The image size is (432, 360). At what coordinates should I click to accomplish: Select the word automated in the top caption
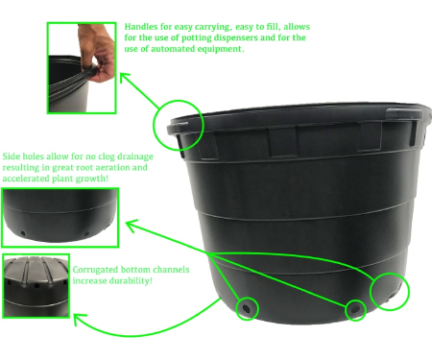point(169,49)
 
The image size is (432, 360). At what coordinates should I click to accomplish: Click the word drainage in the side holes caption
point(134,156)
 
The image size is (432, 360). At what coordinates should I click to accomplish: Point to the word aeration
point(117,167)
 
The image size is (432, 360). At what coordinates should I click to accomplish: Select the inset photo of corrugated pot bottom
point(36,286)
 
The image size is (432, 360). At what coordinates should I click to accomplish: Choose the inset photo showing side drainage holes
point(60,218)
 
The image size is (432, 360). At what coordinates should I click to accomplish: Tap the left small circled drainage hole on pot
point(247,309)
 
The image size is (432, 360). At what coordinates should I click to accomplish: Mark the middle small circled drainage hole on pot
point(355,310)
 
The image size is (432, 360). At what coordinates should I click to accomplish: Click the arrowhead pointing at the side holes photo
point(131,224)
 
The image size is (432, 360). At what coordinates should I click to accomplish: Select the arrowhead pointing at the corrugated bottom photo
point(79,318)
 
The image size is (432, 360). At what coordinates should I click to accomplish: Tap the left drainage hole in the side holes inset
point(23,233)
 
